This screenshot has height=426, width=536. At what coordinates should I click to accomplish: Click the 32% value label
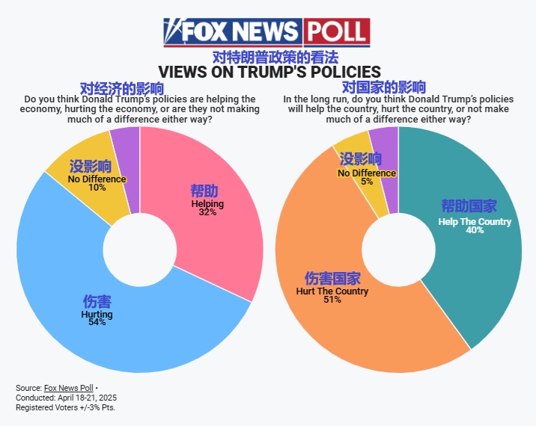[207, 212]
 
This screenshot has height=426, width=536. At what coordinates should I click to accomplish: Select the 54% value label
[97, 323]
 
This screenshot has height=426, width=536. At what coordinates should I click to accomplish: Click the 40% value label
[475, 230]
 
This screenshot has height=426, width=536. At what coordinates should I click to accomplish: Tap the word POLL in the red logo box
[336, 32]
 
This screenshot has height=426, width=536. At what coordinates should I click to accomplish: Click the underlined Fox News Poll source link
[68, 388]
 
